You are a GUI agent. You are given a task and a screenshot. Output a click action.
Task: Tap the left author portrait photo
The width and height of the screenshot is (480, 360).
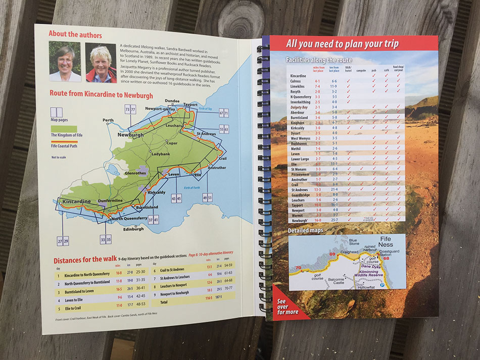pos(65,62)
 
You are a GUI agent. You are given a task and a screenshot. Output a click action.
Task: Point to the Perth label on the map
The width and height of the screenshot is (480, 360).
pos(108,120)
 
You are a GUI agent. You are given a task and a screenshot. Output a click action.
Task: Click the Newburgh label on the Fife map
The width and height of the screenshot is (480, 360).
pos(130,135)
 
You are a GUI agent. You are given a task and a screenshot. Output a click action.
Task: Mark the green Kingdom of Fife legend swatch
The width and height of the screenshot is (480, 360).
pos(63,129)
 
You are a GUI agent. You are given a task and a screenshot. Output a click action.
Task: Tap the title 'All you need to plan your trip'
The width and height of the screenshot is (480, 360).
pos(342,43)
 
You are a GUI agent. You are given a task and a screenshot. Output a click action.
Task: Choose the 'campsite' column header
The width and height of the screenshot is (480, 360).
pos(360,71)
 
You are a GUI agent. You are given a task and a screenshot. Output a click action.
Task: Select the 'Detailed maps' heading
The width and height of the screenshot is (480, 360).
pos(305,231)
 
